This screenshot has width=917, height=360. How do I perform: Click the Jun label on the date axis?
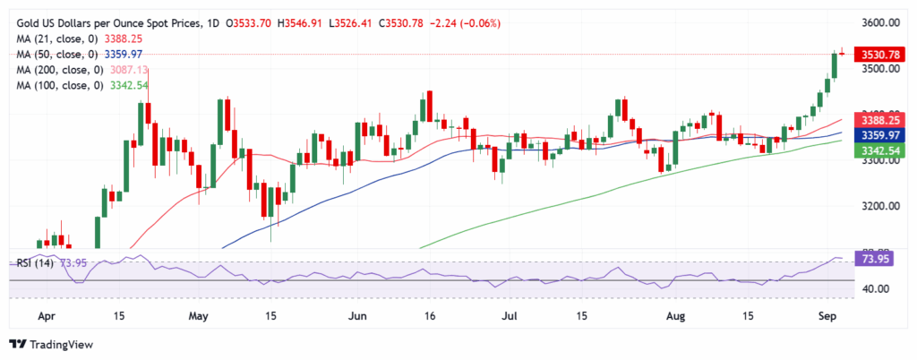[359, 316]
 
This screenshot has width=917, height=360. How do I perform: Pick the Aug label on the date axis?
[669, 316]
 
